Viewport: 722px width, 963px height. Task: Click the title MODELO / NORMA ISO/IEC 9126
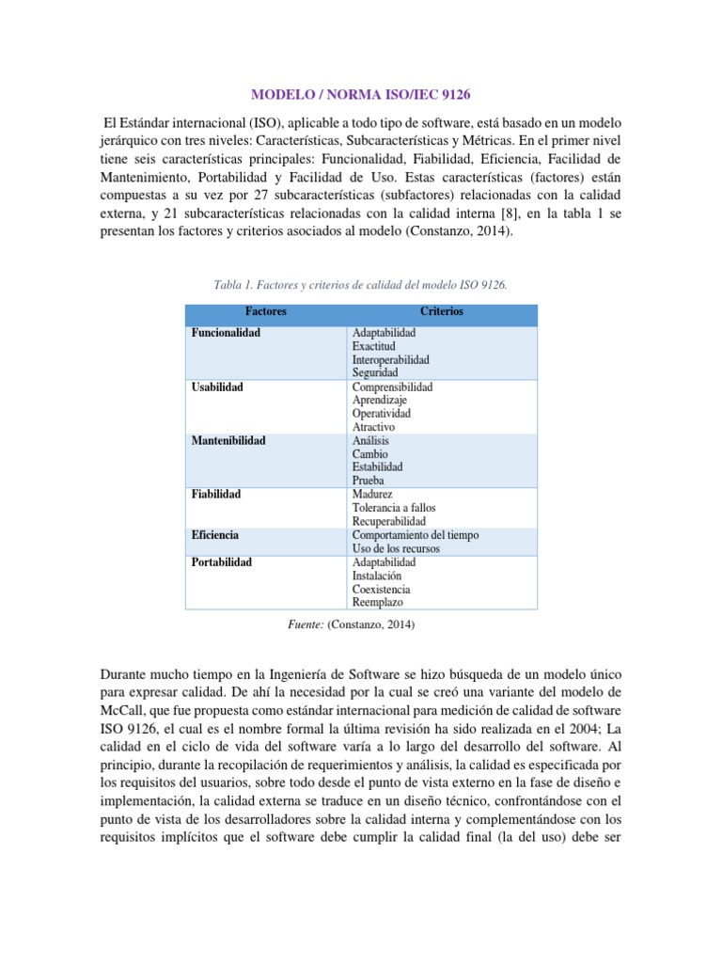click(361, 95)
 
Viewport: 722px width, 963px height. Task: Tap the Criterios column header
click(444, 311)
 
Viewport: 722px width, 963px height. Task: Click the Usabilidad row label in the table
click(217, 387)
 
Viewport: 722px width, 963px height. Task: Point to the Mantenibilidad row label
click(228, 440)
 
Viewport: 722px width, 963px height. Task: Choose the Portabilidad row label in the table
click(222, 562)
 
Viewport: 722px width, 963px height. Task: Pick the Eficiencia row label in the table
click(215, 535)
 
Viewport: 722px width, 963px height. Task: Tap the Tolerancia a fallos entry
click(394, 508)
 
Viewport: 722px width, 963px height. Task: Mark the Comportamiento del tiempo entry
click(415, 535)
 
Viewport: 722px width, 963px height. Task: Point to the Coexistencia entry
click(381, 589)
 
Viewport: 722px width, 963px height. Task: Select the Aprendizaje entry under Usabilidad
click(380, 400)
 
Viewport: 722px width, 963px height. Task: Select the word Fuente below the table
click(306, 624)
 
